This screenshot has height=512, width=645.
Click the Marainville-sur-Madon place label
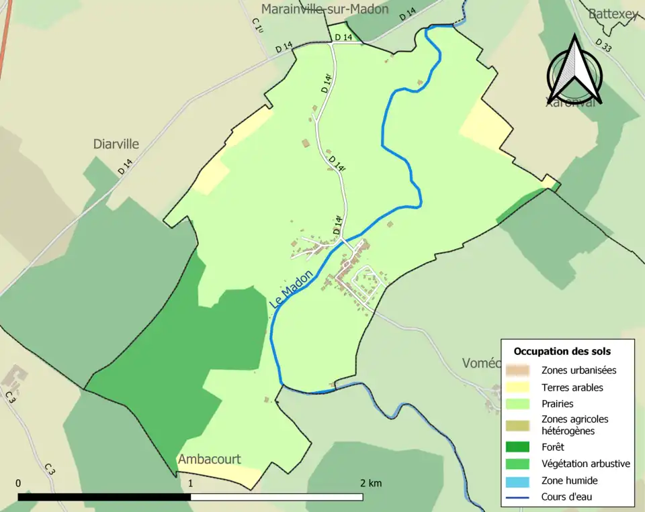[x=325, y=9]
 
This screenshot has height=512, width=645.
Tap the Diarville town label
[x=116, y=144]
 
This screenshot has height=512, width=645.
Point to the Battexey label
[x=613, y=14]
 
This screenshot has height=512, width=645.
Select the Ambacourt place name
[x=209, y=460]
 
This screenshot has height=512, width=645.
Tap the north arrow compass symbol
[x=574, y=70]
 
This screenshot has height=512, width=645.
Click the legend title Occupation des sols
[x=562, y=351]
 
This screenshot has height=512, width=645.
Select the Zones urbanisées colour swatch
[x=518, y=370]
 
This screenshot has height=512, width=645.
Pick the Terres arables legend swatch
[x=518, y=387]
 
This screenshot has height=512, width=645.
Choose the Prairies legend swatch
[x=518, y=404]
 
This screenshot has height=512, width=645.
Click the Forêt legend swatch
[x=518, y=447]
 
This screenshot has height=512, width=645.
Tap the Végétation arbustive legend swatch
[x=518, y=464]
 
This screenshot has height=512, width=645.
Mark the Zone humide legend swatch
[x=518, y=480]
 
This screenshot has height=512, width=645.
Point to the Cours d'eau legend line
[x=518, y=497]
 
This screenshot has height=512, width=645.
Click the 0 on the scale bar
[x=18, y=483]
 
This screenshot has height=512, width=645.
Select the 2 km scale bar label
[x=371, y=483]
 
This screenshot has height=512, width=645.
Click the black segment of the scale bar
[x=104, y=497]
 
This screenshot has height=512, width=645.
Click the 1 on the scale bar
[x=191, y=483]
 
